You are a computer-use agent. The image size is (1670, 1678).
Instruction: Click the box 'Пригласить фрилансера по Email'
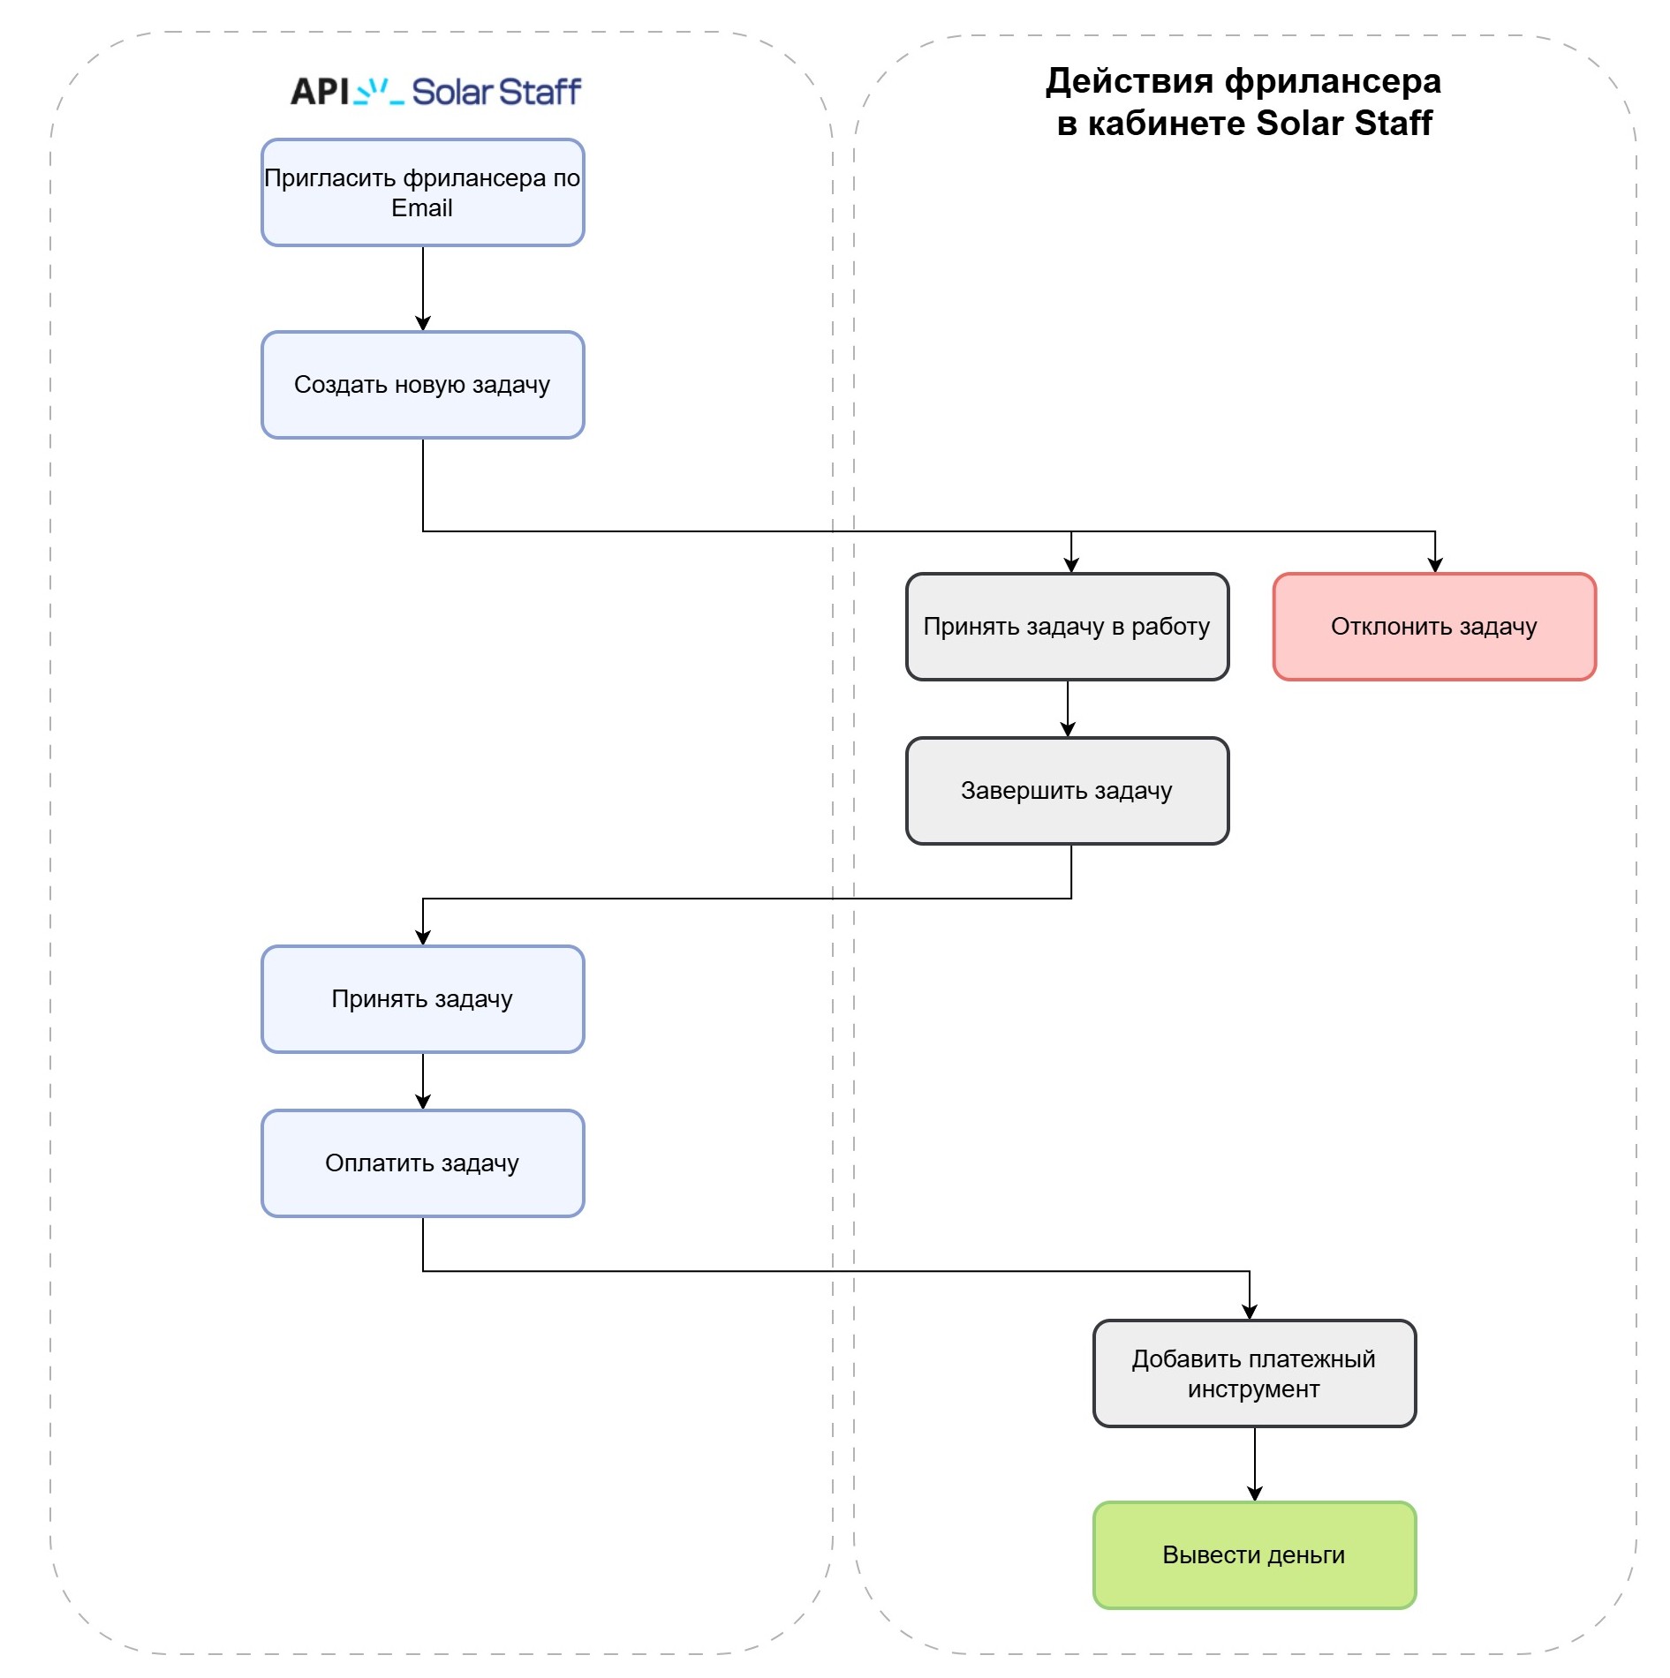click(x=422, y=192)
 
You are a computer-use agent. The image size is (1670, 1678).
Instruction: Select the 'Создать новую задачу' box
click(x=422, y=385)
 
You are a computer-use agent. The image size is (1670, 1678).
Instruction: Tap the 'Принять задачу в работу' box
click(x=1067, y=627)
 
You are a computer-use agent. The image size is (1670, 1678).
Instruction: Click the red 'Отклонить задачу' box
click(x=1433, y=627)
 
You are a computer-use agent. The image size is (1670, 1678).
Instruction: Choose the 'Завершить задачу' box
click(x=1067, y=791)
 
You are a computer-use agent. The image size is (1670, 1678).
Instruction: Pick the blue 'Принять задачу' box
click(x=422, y=999)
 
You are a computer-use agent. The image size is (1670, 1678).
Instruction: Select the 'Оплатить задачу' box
click(x=422, y=1163)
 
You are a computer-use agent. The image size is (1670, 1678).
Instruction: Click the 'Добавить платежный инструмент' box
click(x=1253, y=1373)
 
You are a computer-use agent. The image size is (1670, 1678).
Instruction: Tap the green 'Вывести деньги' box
click(x=1253, y=1555)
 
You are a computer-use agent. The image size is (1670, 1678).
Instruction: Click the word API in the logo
click(x=320, y=92)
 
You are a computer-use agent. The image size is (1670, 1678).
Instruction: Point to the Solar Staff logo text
click(x=496, y=92)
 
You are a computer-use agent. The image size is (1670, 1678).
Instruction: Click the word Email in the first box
click(x=422, y=208)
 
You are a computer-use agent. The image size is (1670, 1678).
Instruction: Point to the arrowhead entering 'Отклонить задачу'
click(x=1434, y=565)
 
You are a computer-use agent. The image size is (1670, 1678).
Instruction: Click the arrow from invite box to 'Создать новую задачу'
click(x=423, y=288)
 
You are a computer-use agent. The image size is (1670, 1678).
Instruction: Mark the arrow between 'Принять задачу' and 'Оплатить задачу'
click(x=423, y=1081)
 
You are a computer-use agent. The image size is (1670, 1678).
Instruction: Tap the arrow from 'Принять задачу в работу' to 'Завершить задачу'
click(x=1068, y=709)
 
